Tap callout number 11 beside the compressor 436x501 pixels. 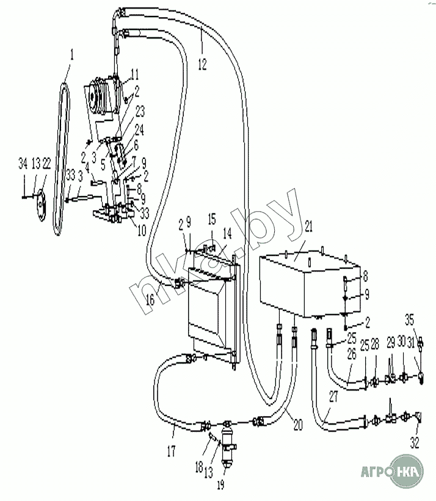click(134, 74)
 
